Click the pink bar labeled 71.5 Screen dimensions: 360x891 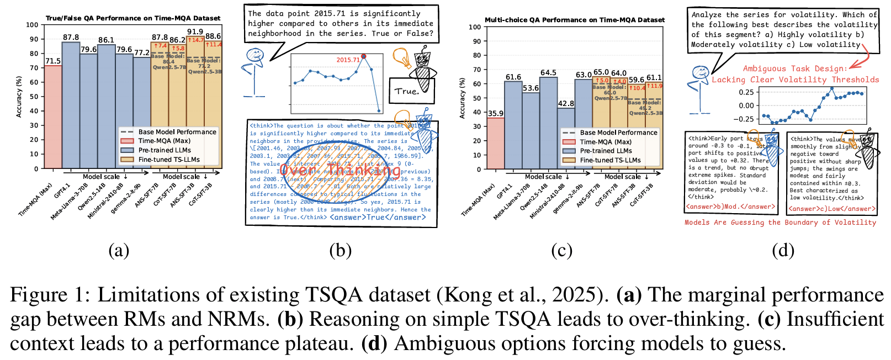[x=53, y=116]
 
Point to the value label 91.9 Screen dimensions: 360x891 [x=195, y=32]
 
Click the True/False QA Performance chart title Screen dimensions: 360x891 [x=132, y=18]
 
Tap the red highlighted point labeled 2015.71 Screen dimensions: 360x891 [x=364, y=56]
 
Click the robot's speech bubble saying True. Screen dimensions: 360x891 [x=407, y=91]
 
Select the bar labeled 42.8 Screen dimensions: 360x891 [x=566, y=138]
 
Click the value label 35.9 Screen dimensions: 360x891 [x=496, y=113]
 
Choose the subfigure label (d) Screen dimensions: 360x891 [x=783, y=251]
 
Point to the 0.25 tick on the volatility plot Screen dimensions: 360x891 [x=746, y=92]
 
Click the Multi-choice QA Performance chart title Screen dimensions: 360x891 [x=575, y=20]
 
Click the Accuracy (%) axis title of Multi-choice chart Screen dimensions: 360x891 [x=463, y=98]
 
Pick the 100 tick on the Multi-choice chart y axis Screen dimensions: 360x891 [x=475, y=27]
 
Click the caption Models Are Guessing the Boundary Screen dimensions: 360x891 [x=780, y=223]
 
